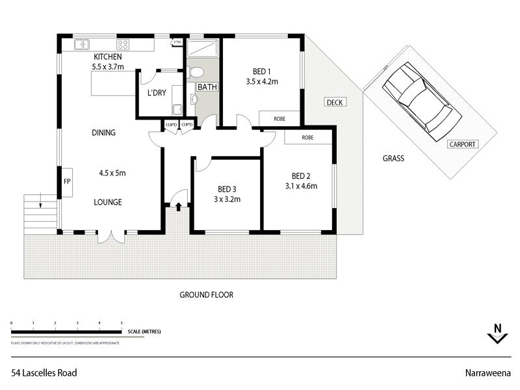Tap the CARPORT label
[x=462, y=144]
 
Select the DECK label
[x=335, y=102]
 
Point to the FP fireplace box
[x=66, y=182]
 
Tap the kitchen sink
[x=83, y=45]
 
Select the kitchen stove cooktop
[x=123, y=45]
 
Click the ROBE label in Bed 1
[x=279, y=119]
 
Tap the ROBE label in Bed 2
[x=308, y=138]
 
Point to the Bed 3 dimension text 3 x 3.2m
[x=227, y=200]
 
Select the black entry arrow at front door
[x=177, y=207]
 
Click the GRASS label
[x=393, y=158]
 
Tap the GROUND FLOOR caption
[x=206, y=294]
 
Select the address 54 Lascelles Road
[x=44, y=373]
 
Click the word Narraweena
[x=487, y=373]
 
